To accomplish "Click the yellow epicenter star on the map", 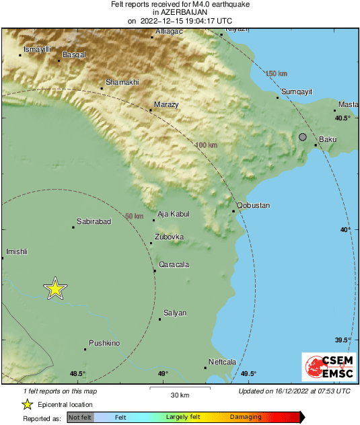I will click(x=55, y=288).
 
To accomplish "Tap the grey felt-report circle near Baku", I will click(x=303, y=137).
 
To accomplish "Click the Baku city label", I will click(x=327, y=139).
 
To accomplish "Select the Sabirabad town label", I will click(x=94, y=221).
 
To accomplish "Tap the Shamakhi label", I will click(x=122, y=81).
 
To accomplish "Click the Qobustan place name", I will click(x=253, y=204).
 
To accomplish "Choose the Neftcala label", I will click(x=222, y=362).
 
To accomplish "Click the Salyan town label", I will click(x=175, y=313).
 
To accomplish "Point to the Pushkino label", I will click(x=104, y=343).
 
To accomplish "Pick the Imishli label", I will click(x=16, y=252).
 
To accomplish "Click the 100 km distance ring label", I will click(x=207, y=145).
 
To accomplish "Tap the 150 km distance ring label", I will click(x=276, y=73).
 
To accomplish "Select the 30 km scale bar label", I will click(x=180, y=394).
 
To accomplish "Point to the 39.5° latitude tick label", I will click(x=343, y=340).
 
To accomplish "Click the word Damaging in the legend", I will click(x=246, y=417).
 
